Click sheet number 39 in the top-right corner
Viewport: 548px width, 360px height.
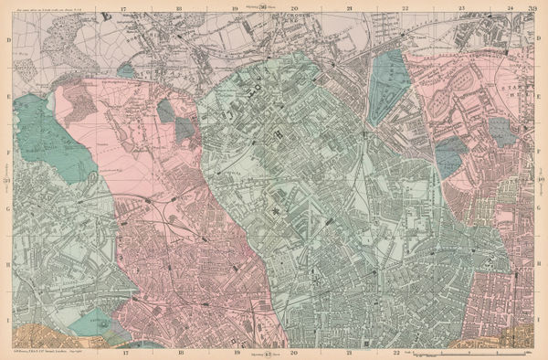tap(532, 10)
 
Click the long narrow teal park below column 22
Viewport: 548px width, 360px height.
tap(388, 87)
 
